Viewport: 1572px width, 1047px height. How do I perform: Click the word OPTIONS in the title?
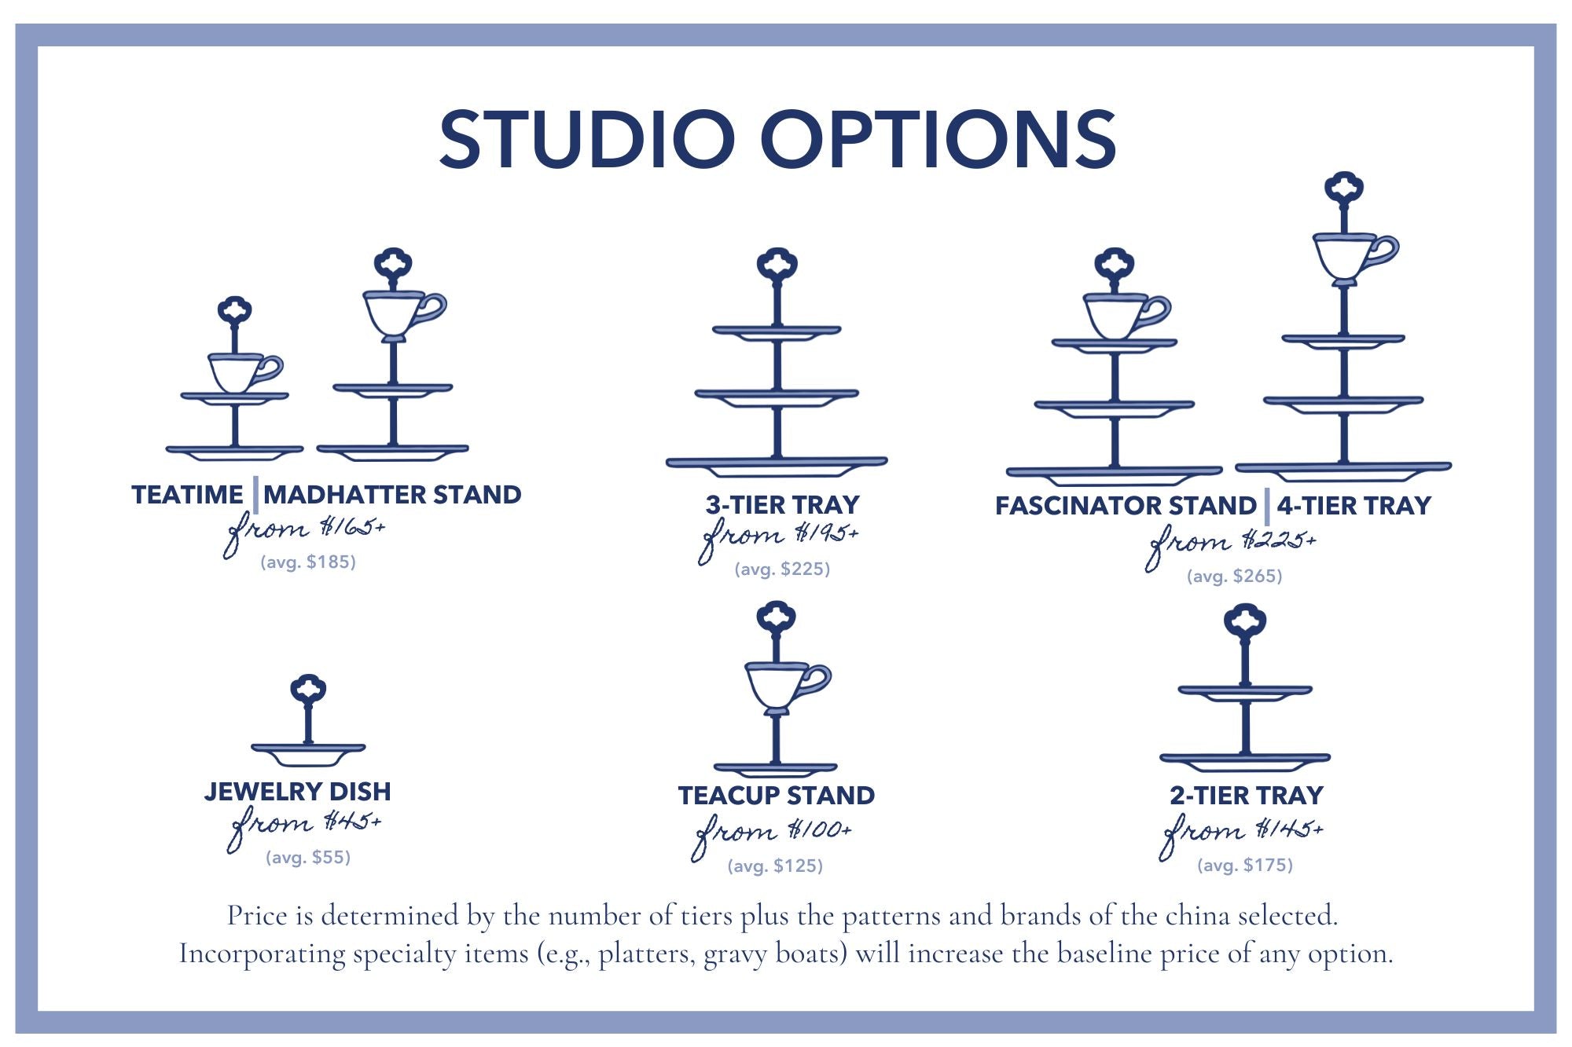pos(938,139)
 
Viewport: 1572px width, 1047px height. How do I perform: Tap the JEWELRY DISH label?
pos(298,791)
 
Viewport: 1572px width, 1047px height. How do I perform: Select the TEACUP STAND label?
pos(777,795)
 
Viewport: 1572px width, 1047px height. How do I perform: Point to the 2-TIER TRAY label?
pos(1247,795)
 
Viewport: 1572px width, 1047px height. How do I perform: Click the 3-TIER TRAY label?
pos(782,504)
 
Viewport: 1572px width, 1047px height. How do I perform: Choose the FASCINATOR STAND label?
pos(1126,505)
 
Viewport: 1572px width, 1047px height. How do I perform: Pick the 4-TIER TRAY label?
pos(1353,505)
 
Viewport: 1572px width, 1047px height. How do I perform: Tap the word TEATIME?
pos(187,494)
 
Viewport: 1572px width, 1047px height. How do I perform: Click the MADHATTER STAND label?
pos(392,494)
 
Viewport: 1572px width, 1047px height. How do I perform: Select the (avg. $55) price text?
pos(308,857)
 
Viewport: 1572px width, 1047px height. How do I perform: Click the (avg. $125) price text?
pos(775,866)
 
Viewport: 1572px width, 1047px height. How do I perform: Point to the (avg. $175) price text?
pos(1245,865)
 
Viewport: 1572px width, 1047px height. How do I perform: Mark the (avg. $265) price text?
pos(1235,576)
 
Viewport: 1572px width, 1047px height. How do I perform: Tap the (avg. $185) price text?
pos(308,562)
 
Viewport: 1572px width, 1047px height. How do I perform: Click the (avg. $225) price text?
pos(782,569)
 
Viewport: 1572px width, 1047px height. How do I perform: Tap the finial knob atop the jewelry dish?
pos(308,690)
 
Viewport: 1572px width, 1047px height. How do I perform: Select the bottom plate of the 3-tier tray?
pos(777,467)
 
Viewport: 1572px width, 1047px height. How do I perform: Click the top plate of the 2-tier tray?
pos(1245,693)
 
